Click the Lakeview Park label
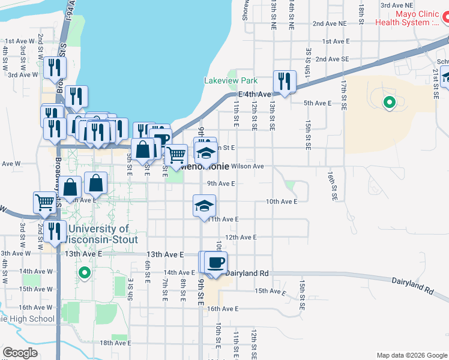pos(231,80)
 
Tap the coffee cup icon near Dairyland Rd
pos(216,261)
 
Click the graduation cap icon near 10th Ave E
pos(204,206)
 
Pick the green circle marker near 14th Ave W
pos(85,274)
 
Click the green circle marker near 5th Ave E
pos(390,103)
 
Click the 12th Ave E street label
pos(241,238)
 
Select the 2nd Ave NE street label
pos(330,23)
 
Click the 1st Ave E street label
pos(336,41)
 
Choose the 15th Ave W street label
pos(36,289)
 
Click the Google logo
pos(20,353)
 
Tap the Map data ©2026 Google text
pos(411,355)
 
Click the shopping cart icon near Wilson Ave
pos(176,155)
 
